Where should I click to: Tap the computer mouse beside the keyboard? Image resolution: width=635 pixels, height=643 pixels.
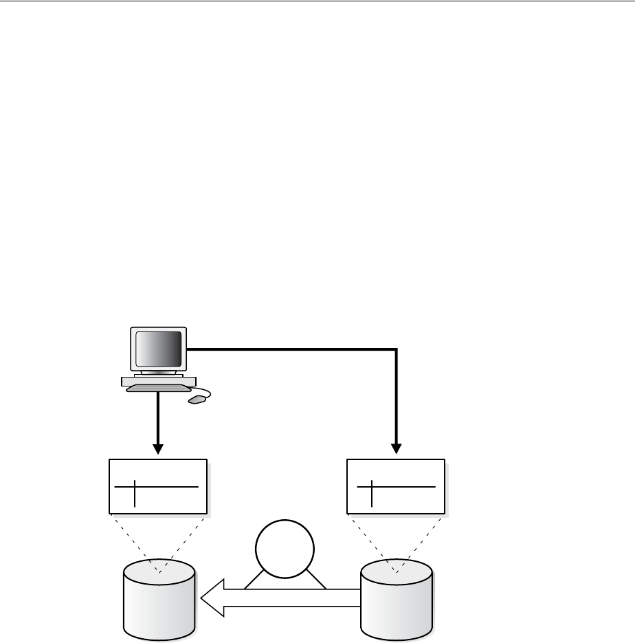click(197, 399)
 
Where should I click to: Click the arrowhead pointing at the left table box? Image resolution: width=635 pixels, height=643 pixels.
click(159, 448)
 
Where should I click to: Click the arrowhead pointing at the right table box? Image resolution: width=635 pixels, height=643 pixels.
click(397, 448)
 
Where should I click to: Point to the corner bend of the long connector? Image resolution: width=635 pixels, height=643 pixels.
click(397, 350)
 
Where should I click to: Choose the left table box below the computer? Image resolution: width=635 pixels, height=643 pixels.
click(158, 486)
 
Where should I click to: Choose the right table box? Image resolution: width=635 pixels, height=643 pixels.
click(396, 486)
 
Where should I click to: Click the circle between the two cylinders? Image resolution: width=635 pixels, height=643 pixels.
click(285, 550)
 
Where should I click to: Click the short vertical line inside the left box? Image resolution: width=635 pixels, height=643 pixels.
click(135, 492)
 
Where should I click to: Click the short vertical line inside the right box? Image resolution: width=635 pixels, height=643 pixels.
click(372, 492)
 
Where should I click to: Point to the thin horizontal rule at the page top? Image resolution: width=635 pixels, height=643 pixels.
click(317, 2)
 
